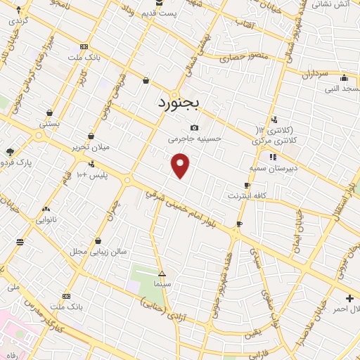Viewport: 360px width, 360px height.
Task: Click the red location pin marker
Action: click(181, 165)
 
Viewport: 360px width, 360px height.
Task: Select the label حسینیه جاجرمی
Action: click(195, 139)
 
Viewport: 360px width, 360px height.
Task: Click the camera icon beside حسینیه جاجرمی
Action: click(194, 128)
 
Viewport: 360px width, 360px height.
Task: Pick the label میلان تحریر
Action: click(91, 147)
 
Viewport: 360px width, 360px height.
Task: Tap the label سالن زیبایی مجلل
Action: click(98, 251)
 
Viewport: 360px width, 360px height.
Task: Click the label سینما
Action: click(162, 283)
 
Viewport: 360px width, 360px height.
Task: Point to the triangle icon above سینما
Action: click(162, 273)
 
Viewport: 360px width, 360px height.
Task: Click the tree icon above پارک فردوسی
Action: click(10, 151)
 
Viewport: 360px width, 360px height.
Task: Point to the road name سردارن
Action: click(314, 74)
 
